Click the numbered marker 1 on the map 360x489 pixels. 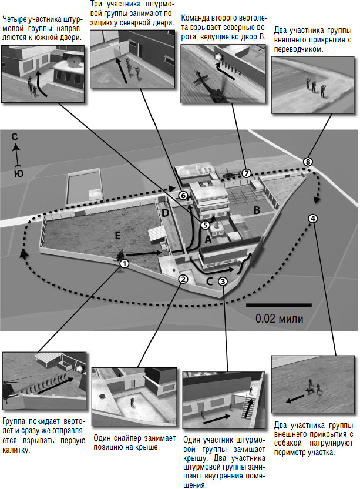[x=124, y=264]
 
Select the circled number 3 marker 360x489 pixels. [x=223, y=281]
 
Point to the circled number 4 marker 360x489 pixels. [x=313, y=218]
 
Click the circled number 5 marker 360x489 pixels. [x=205, y=225]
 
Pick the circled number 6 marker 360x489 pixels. [x=183, y=195]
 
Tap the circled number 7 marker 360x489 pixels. [x=246, y=173]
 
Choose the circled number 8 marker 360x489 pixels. [x=308, y=162]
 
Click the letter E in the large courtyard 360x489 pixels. [x=117, y=236]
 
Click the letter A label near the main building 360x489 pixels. [x=207, y=240]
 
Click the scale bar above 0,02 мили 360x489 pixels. [x=279, y=306]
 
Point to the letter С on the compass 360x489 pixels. [x=17, y=137]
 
